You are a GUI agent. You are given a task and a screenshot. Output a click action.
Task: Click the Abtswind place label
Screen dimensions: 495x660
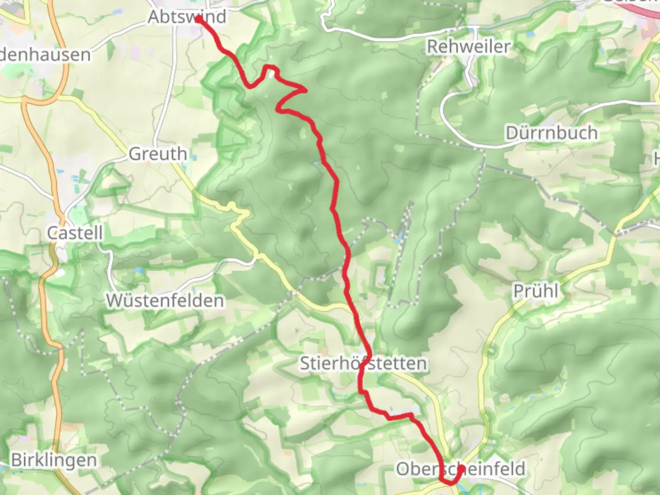[187, 17]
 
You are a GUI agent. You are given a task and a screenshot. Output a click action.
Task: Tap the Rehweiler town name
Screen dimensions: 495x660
[468, 46]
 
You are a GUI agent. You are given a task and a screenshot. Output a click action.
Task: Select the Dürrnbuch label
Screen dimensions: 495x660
[551, 133]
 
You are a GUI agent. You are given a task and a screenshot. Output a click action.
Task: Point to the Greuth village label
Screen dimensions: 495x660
[158, 154]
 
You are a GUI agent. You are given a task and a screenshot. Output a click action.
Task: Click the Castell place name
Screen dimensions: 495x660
[75, 233]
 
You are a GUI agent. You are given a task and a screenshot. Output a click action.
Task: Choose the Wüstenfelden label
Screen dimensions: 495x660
[165, 301]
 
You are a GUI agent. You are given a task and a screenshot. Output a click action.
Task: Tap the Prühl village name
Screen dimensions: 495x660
[536, 291]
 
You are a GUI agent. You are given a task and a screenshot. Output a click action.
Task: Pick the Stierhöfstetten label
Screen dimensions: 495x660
[363, 363]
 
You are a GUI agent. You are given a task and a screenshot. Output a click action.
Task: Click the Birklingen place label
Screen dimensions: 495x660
[54, 460]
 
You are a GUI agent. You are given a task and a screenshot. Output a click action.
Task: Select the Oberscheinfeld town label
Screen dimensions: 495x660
[460, 469]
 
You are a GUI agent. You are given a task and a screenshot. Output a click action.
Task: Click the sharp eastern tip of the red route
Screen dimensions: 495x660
[306, 89]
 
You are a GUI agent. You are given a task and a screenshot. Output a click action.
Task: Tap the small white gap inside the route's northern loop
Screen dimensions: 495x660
[271, 73]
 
